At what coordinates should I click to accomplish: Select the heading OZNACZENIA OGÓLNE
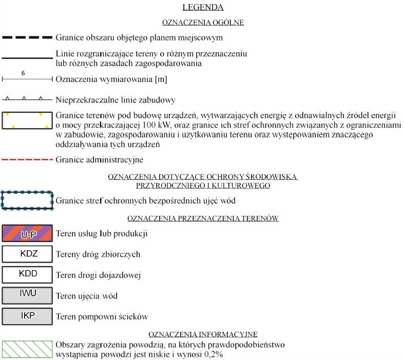tap(203, 23)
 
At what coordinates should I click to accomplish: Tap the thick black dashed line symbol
tap(27, 37)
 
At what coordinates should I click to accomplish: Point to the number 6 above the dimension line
tap(24, 73)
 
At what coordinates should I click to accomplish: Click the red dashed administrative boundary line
tap(27, 160)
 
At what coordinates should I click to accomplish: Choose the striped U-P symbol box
tap(27, 234)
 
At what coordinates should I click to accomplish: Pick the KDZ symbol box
tap(27, 254)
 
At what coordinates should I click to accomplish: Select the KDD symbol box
tap(27, 274)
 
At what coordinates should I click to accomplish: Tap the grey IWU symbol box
tap(27, 295)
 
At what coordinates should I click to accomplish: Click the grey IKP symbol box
tap(27, 315)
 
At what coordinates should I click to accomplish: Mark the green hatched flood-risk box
tap(27, 349)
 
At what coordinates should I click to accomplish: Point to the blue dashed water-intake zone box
tap(27, 201)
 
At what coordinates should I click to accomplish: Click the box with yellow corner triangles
tap(27, 121)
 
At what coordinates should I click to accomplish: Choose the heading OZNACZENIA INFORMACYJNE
tap(203, 334)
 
